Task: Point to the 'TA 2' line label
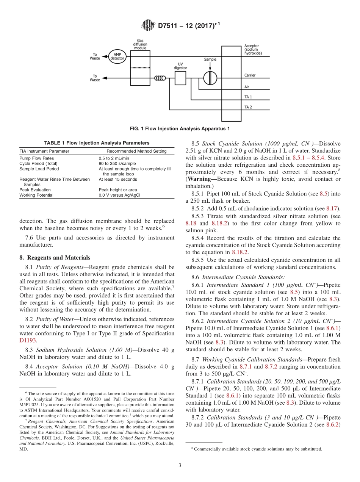(248, 107)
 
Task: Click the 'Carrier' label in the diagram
(250, 75)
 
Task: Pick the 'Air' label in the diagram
(247, 87)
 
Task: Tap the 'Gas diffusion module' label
(140, 44)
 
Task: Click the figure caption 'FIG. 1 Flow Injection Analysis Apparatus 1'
(180, 129)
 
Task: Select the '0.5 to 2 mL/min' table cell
(114, 158)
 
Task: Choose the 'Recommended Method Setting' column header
(136, 151)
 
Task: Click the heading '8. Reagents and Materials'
(55, 258)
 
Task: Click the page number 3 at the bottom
(180, 465)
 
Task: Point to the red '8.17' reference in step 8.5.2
(333, 208)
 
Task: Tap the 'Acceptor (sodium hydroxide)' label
(253, 50)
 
